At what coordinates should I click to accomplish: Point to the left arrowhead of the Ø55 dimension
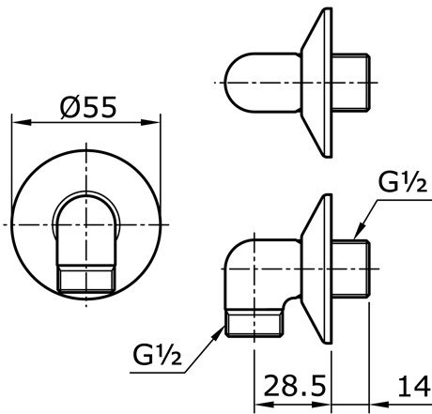[16, 122]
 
